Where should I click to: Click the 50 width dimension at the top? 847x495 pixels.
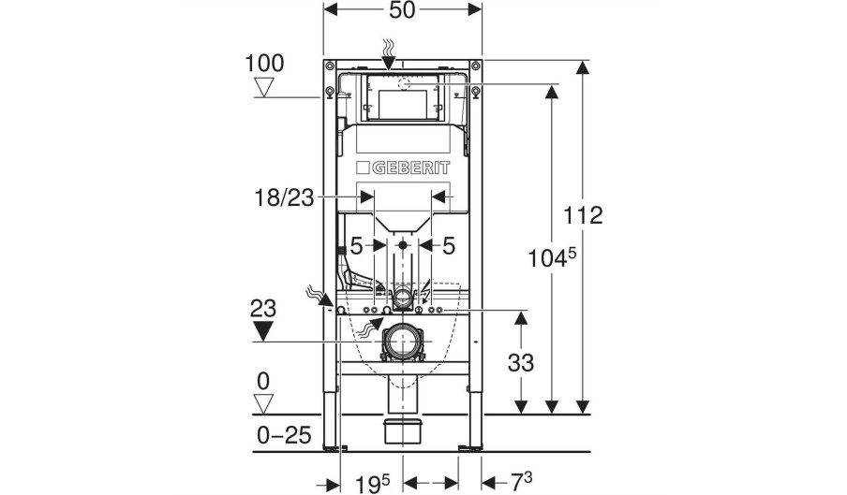(x=403, y=9)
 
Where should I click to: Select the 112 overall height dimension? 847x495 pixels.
(x=583, y=215)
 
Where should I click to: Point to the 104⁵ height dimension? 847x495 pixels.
(x=549, y=257)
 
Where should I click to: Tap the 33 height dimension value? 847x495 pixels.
(x=521, y=363)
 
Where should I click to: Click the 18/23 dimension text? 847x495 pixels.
(x=284, y=197)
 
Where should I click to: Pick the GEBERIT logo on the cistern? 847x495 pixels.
(x=403, y=168)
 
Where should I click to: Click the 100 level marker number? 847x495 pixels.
(x=264, y=63)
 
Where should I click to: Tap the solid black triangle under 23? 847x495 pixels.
(x=263, y=330)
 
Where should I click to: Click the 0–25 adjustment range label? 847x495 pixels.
(x=284, y=434)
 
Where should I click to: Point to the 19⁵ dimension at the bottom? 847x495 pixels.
(x=372, y=483)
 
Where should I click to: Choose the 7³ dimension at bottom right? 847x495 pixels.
(x=521, y=482)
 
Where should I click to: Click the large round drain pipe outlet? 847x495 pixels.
(x=402, y=342)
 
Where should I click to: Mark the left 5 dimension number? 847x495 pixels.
(x=357, y=246)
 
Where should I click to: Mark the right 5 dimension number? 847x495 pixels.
(x=449, y=246)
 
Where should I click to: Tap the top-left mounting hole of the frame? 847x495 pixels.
(x=329, y=66)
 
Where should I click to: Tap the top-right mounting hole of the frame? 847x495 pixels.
(x=475, y=66)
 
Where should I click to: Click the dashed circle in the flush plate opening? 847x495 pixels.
(x=403, y=84)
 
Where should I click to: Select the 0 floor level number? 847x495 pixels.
(x=263, y=381)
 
